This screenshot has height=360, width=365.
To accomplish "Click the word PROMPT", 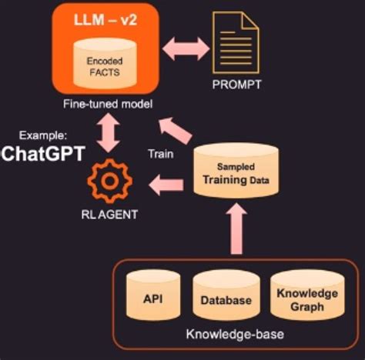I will (236, 85).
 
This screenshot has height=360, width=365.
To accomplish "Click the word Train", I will (159, 154).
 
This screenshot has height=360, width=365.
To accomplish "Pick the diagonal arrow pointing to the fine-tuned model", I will (177, 125).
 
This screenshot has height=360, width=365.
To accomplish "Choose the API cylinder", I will (151, 297).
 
